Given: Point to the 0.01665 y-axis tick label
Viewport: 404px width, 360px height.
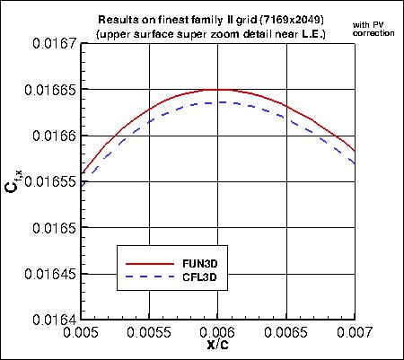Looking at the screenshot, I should tap(49, 90).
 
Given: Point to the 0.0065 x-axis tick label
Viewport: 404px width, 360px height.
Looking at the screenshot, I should tap(286, 332).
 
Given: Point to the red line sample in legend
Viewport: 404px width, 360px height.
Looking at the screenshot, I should tap(149, 265).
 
